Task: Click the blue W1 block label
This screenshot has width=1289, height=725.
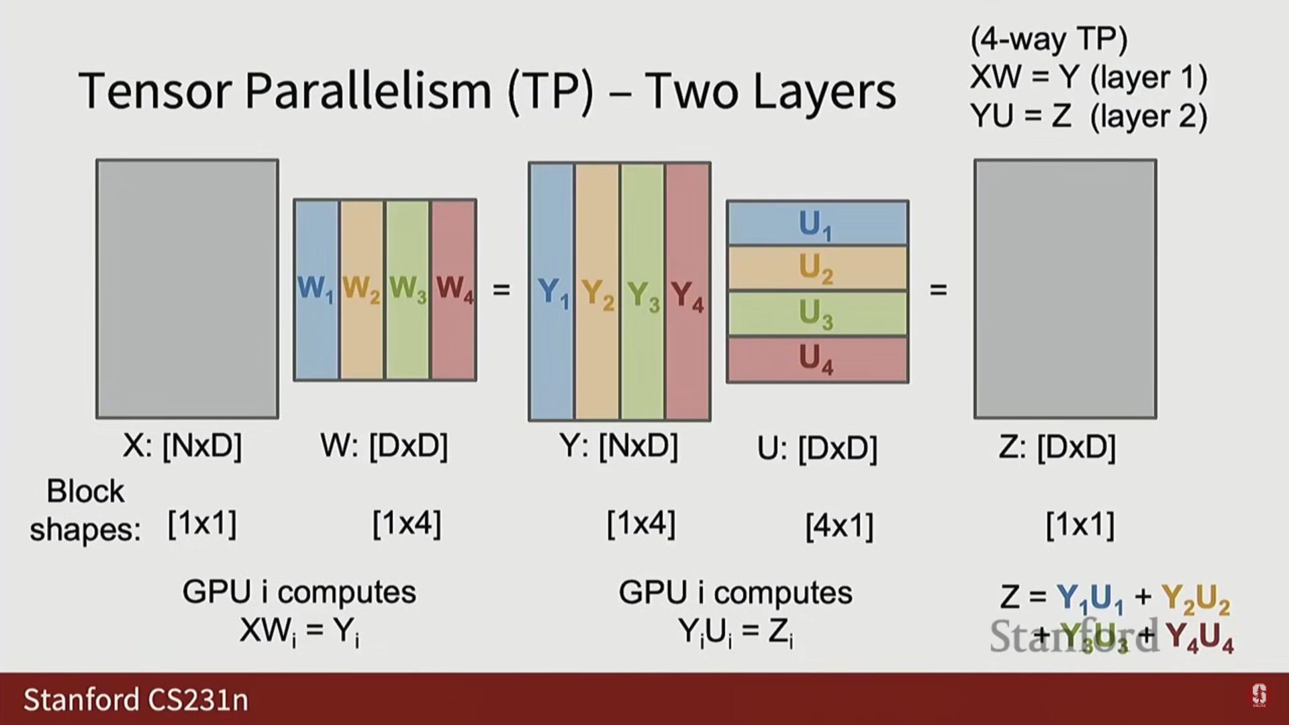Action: point(315,289)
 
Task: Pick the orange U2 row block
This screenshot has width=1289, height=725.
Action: point(817,269)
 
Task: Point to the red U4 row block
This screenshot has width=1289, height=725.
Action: point(817,358)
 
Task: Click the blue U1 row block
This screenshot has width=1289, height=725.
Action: point(817,224)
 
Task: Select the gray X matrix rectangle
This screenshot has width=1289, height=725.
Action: point(187,289)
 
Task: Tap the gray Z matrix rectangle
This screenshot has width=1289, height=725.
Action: point(1065,289)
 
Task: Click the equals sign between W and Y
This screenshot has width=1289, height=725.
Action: point(502,290)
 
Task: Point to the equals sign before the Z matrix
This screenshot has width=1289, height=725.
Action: point(938,290)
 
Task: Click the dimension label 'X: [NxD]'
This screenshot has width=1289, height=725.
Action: point(182,446)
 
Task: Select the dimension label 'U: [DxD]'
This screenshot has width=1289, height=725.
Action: point(817,448)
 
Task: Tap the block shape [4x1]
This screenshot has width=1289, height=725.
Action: point(839,526)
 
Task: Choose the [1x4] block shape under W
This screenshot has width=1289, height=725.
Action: point(407,524)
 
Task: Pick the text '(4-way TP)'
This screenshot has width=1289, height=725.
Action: point(1049,39)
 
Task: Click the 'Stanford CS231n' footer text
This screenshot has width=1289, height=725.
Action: point(136,699)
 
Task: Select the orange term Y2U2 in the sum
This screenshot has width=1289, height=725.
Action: point(1196,597)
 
